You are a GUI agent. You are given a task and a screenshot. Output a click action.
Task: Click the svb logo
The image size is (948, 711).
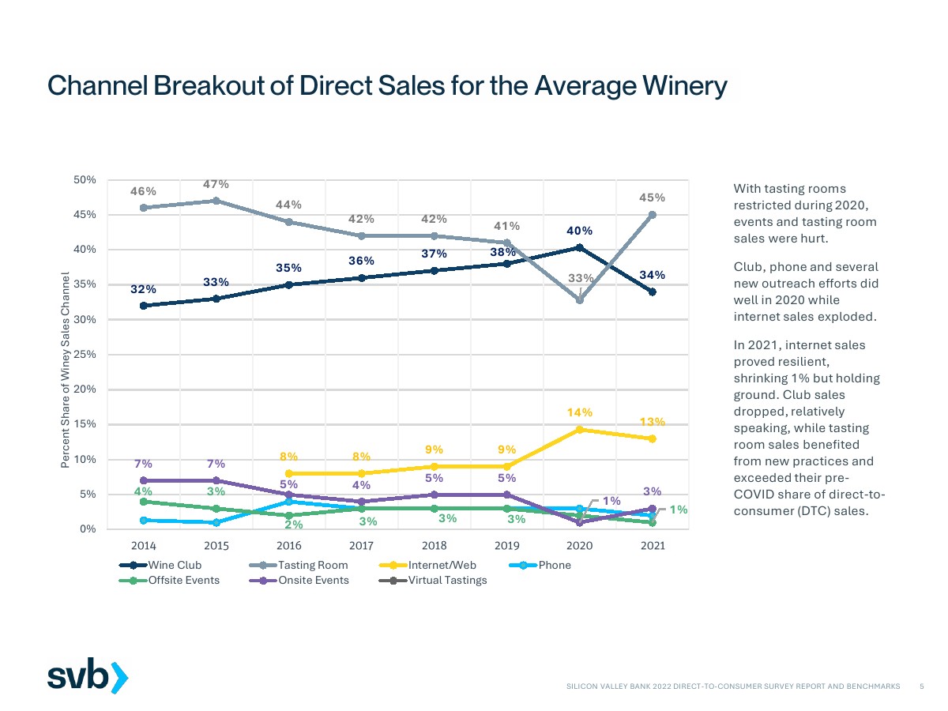tap(87, 677)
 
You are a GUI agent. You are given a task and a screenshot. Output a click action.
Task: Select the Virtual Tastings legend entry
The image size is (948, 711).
tap(447, 580)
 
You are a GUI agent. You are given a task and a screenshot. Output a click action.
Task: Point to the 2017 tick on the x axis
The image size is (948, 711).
tap(361, 546)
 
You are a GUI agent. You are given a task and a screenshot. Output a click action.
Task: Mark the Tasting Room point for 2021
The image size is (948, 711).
tap(653, 215)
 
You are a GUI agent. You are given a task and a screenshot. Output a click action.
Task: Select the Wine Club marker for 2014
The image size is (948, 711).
tap(143, 306)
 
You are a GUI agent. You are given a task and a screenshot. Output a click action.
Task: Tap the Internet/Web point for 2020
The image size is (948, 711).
tap(580, 429)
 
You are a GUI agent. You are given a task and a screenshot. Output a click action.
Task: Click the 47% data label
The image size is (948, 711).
tap(216, 184)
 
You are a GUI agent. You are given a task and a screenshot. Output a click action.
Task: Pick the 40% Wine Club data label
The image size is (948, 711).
tap(579, 231)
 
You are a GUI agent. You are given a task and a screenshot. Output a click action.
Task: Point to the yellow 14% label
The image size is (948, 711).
tap(579, 412)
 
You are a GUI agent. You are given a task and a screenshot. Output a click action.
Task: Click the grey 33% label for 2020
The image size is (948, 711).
tap(581, 278)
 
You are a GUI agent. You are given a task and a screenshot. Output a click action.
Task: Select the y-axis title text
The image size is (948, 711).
tap(66, 371)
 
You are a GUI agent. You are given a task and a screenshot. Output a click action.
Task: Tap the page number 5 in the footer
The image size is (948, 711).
tap(922, 687)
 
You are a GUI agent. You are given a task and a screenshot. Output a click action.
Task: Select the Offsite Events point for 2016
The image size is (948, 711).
tap(288, 515)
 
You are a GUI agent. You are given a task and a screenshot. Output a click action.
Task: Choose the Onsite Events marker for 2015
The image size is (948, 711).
tap(216, 480)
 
